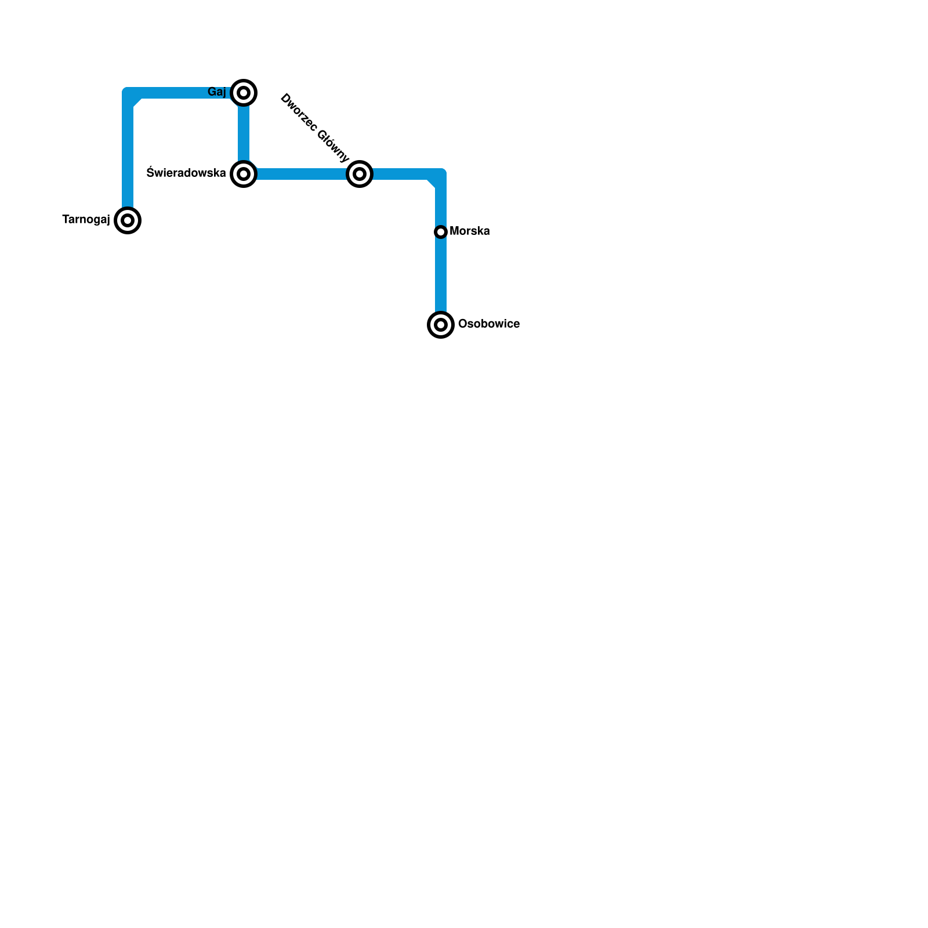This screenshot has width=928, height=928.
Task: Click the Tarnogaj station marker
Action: coord(128,220)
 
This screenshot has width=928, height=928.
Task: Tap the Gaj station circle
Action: coord(244,93)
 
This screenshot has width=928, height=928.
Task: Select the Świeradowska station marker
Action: coord(244,173)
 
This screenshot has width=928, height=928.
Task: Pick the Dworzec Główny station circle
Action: coord(360,173)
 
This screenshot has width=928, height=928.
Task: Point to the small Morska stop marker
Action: coord(441,232)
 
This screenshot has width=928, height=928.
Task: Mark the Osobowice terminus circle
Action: coord(441,324)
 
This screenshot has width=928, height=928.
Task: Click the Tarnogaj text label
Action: coord(86,220)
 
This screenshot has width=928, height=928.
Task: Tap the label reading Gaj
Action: coord(217,92)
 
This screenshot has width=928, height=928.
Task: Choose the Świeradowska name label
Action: coord(186,173)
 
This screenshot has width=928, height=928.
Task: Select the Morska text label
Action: coord(470,231)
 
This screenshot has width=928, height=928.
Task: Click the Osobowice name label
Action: coord(489,324)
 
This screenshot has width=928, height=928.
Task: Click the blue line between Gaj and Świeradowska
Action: coord(244,133)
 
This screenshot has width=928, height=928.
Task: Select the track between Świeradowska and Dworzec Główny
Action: coord(302,174)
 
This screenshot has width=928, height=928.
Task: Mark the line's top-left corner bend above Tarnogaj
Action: coord(130,95)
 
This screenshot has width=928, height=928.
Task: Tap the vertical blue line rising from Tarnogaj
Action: coord(128,157)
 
